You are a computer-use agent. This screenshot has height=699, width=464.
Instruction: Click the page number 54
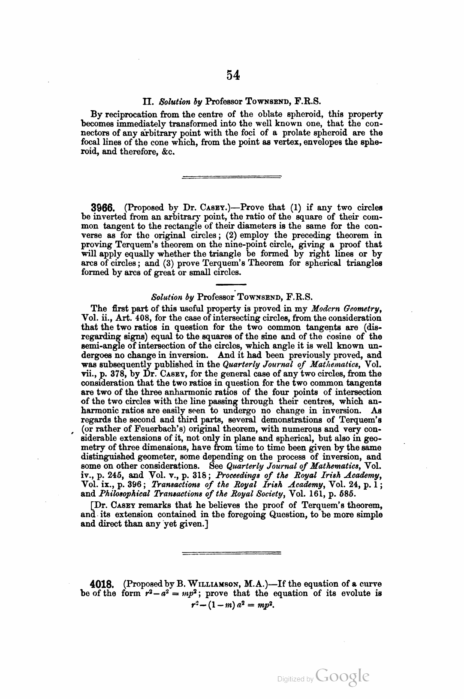pos(233,75)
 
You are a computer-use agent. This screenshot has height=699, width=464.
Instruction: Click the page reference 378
pos(106,374)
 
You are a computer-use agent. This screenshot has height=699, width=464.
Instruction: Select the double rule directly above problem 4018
pos(232,553)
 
